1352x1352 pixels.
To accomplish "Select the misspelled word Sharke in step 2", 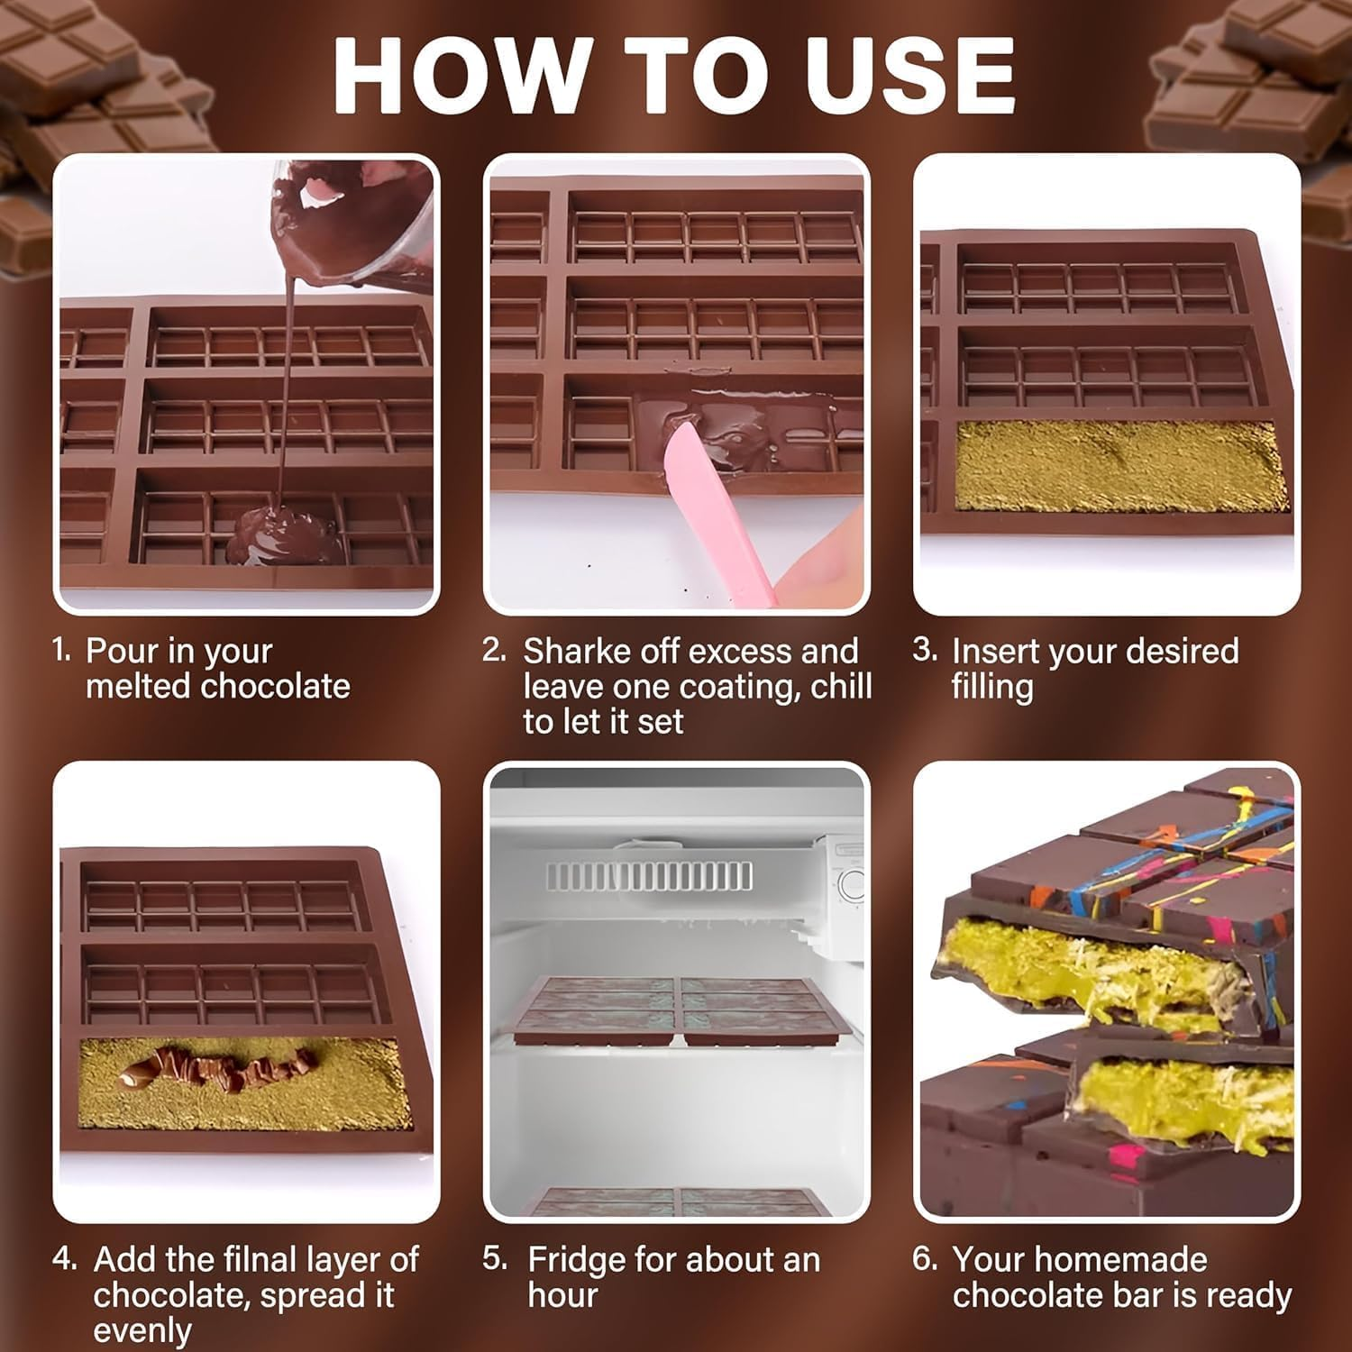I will coord(576,651).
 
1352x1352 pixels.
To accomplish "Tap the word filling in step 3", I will coord(991,687).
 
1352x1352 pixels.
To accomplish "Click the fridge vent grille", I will coord(649,874).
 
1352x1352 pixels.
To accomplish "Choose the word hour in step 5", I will coord(562,1295).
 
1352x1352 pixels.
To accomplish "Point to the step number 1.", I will coord(60,650).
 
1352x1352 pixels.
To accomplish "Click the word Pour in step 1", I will coord(122,651).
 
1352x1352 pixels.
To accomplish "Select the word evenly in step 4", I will coord(142,1330).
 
